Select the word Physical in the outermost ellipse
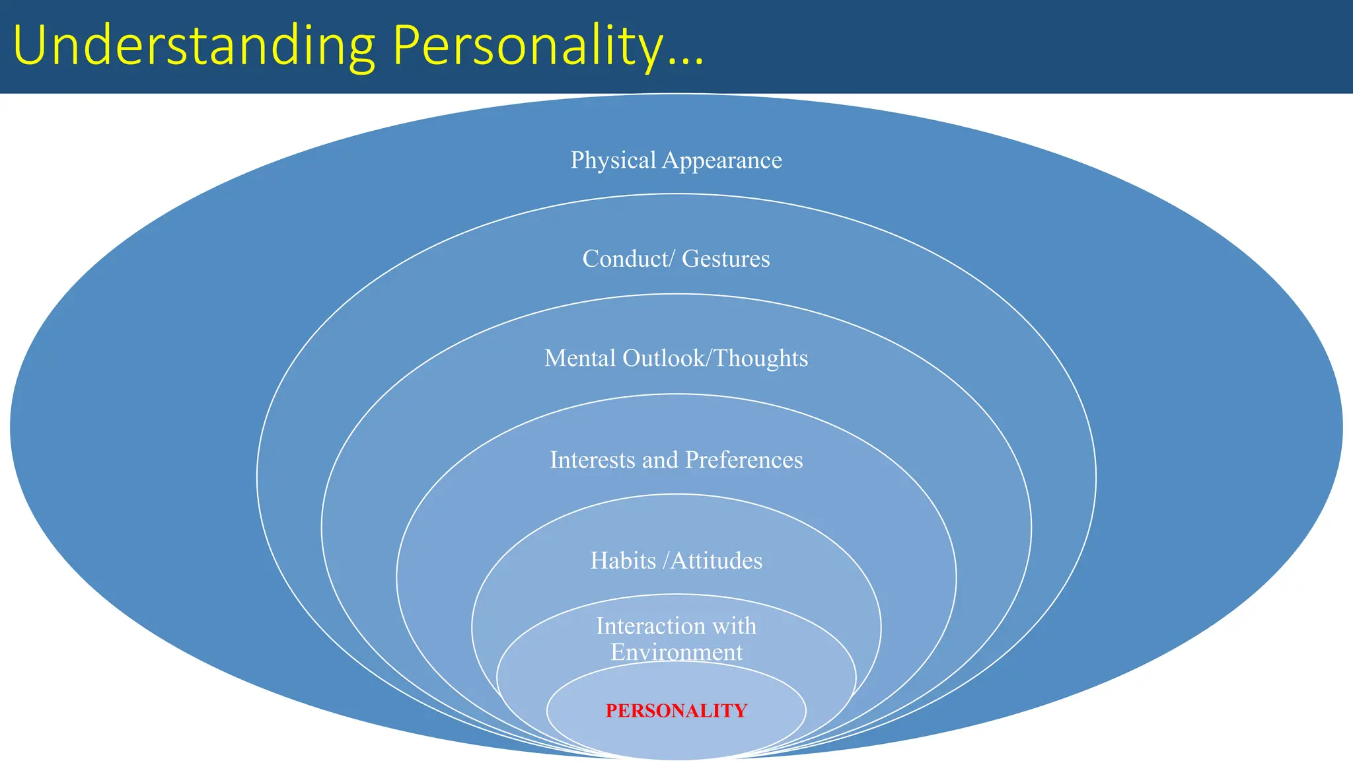point(613,161)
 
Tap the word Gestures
point(725,259)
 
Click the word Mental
point(579,358)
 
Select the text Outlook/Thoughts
point(715,358)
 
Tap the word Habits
point(623,561)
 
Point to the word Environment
point(676,653)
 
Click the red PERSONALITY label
point(676,711)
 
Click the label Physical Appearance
point(676,161)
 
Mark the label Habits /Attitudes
point(676,561)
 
